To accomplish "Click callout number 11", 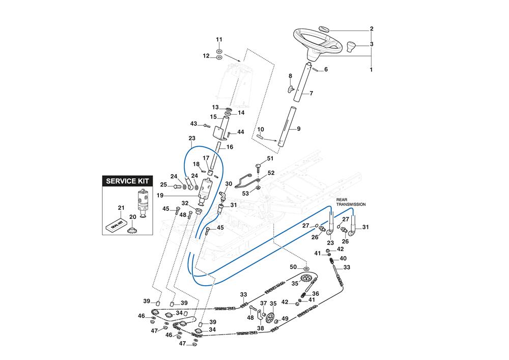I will (x=219, y=40).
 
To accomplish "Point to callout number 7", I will (x=311, y=93).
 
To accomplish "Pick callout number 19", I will (x=188, y=195).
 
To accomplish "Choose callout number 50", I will (x=293, y=267).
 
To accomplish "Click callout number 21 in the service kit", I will (x=121, y=207).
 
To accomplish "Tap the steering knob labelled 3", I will (x=350, y=49).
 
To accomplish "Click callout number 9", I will (x=298, y=129).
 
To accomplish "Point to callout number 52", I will (x=271, y=173).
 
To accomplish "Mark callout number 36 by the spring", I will (x=316, y=294).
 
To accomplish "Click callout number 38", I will (x=261, y=328).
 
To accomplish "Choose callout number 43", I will (x=193, y=124).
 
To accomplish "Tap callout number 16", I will (x=230, y=147).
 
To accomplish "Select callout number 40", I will (x=343, y=259).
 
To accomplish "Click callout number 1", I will (x=371, y=69).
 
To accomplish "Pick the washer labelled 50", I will (x=306, y=268).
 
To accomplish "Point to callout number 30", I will (x=229, y=184).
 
